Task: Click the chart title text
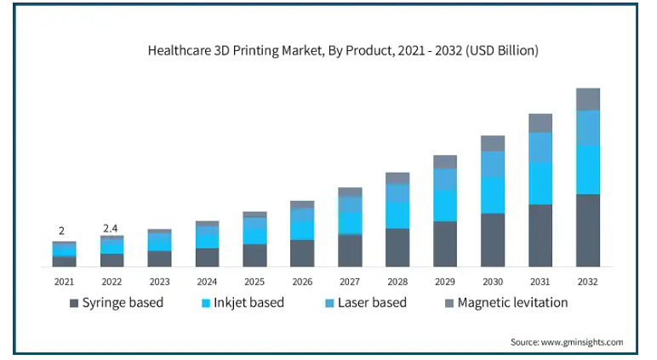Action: [x=343, y=51]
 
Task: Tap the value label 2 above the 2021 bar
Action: [x=61, y=231]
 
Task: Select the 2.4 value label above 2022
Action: [x=111, y=228]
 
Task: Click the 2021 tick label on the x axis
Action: [x=64, y=281]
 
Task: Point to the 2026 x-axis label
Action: [x=302, y=281]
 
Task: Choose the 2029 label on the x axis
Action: [x=445, y=281]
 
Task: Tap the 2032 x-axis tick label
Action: [x=588, y=281]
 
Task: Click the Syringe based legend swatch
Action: [x=74, y=303]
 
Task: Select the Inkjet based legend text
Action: [x=249, y=303]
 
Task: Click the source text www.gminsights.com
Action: [x=567, y=342]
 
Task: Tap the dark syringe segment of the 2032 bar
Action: [x=588, y=231]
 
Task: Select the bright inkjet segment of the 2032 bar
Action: [x=588, y=169]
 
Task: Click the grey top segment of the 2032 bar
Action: [x=588, y=99]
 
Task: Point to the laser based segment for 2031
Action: [x=540, y=147]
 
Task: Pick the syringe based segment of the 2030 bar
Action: [x=493, y=240]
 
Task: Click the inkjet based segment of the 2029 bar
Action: [x=445, y=206]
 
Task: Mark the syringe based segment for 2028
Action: [x=397, y=248]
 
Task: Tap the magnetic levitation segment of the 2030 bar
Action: [x=493, y=143]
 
